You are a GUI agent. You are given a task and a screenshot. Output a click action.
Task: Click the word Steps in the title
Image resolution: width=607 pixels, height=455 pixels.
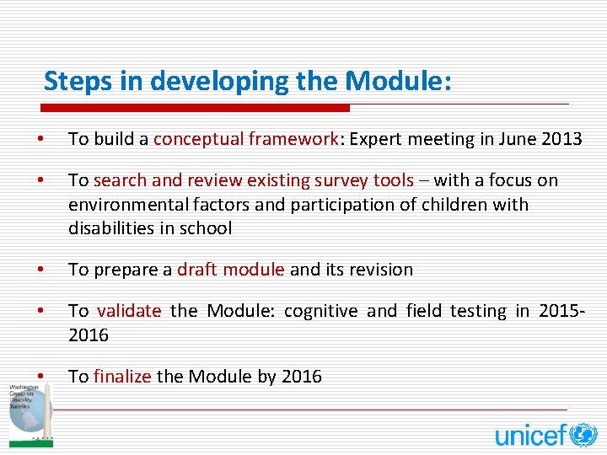[77, 82]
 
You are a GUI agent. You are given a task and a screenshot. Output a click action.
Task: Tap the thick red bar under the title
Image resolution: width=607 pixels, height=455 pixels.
[196, 108]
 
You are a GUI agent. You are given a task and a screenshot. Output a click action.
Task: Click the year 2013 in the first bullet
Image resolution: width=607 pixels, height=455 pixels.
[561, 139]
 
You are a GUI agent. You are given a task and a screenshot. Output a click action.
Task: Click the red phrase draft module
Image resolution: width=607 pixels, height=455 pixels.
[231, 270]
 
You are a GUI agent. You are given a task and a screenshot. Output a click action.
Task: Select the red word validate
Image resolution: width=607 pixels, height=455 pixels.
[127, 311]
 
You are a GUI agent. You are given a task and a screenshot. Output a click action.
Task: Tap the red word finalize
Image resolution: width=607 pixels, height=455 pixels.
[122, 377]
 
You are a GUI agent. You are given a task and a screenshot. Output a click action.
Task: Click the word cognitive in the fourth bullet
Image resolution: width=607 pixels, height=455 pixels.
[320, 311]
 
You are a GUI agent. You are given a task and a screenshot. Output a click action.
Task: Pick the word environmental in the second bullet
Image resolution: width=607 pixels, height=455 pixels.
[119, 205]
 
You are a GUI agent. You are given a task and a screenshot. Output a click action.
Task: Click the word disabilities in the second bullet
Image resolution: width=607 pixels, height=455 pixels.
[107, 228]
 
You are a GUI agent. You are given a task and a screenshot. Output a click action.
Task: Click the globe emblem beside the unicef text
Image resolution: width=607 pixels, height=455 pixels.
[583, 435]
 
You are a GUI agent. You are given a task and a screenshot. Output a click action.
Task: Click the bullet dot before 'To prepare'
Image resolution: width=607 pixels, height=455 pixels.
[40, 270]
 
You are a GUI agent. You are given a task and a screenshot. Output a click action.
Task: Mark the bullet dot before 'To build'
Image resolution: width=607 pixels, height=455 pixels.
[40, 139]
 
